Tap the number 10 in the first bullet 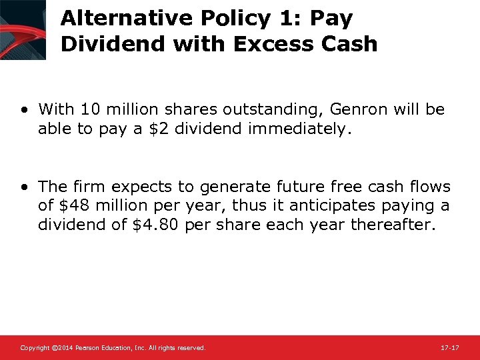coord(86,109)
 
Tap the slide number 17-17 coord(451,348)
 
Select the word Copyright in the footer coord(32,348)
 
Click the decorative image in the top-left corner coord(23,29)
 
